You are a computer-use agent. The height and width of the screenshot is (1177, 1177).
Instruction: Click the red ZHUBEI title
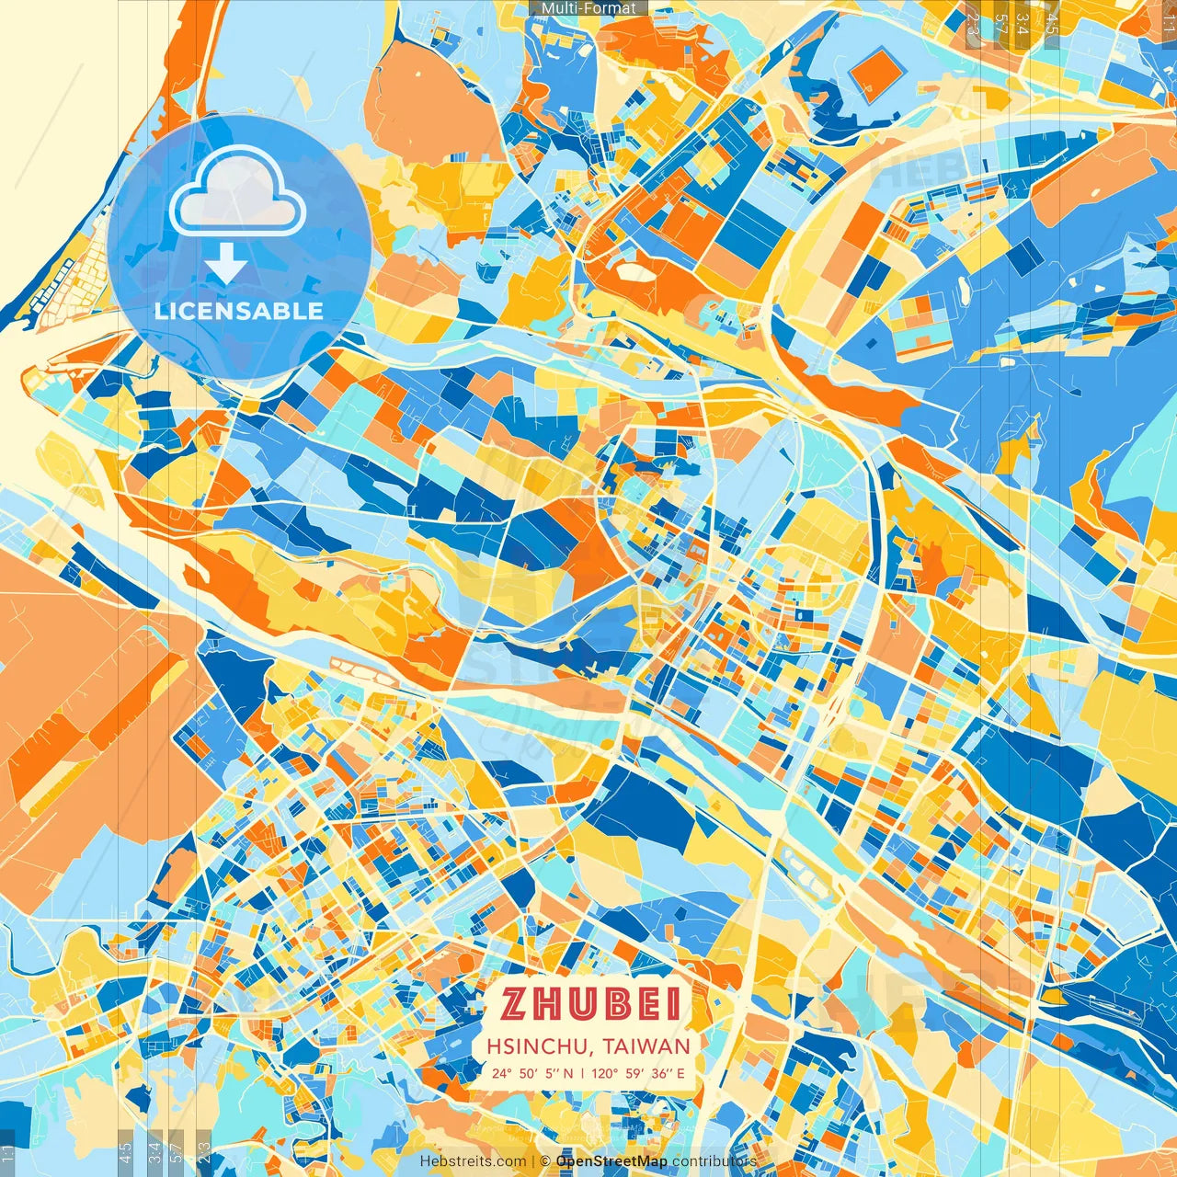[x=590, y=1004]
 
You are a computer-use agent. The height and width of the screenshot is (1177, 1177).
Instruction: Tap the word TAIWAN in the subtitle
[x=647, y=1046]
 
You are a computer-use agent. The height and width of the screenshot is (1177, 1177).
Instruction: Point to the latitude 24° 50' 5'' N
[x=531, y=1072]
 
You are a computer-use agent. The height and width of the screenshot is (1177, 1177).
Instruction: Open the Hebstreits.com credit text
[x=474, y=1161]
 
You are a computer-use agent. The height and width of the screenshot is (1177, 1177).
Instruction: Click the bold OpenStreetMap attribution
[x=611, y=1161]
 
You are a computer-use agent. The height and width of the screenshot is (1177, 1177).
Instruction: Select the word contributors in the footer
[x=714, y=1161]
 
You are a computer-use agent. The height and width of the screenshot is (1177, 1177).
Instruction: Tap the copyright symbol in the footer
[x=544, y=1161]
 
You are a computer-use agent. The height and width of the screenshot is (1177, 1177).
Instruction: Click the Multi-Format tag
[x=588, y=8]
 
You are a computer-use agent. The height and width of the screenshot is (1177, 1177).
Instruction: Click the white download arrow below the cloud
[x=226, y=265]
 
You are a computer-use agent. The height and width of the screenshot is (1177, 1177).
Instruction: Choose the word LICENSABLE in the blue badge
[x=239, y=311]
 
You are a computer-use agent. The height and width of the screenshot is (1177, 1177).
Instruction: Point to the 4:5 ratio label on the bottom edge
[x=125, y=1151]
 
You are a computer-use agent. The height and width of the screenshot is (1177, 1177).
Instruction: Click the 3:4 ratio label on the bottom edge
[x=154, y=1151]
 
